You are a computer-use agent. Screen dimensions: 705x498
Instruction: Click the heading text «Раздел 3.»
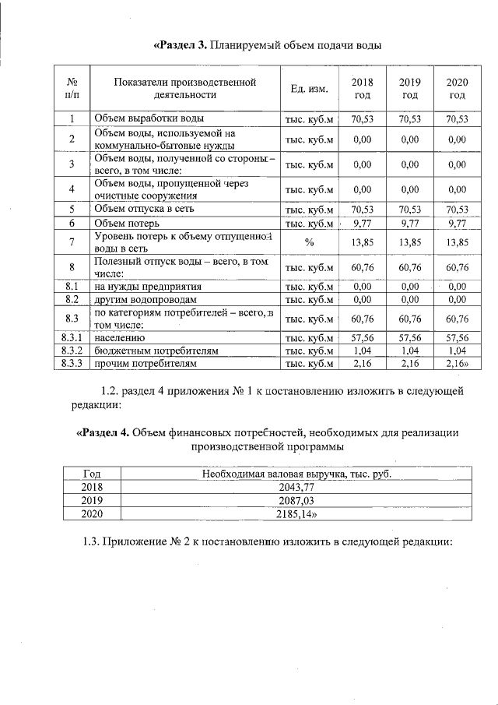tap(180, 44)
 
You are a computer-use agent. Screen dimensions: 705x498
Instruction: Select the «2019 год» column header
tap(409, 89)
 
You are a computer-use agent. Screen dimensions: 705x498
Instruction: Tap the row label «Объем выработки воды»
tap(149, 119)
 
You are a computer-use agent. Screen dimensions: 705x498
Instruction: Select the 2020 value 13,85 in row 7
tap(458, 242)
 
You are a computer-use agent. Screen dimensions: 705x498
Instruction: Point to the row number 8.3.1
tap(72, 338)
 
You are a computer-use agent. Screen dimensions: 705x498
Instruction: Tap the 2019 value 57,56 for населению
tap(409, 338)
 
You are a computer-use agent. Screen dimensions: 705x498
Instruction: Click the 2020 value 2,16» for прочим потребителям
tap(458, 363)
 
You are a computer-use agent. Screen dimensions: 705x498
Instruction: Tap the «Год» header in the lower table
tap(91, 474)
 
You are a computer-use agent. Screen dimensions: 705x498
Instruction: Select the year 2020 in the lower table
tap(91, 514)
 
